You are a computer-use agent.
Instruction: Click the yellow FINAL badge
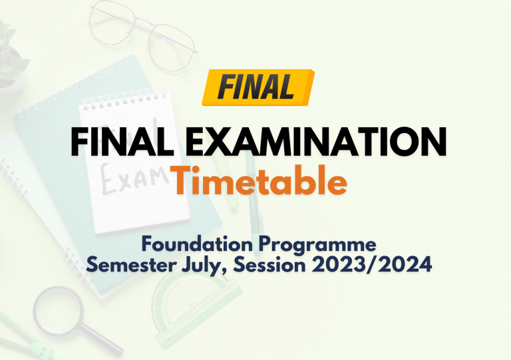coord(258,87)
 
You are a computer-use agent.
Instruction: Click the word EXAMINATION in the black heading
coord(316,142)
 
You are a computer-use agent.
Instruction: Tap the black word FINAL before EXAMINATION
coord(122,142)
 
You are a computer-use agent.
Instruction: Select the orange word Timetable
coord(258,180)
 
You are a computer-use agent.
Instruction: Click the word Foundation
coord(197,244)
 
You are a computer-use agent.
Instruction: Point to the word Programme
coord(318,246)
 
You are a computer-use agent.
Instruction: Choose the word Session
coord(269,265)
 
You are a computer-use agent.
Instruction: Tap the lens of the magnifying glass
coord(58,309)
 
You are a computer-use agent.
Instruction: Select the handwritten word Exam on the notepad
coord(134,180)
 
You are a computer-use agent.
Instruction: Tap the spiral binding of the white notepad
coord(124,100)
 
